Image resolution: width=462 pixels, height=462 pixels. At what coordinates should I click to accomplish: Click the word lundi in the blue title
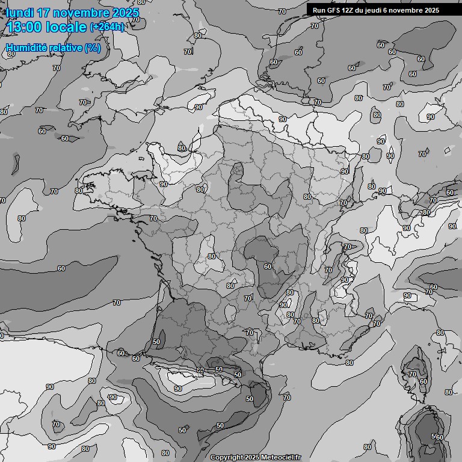coord(20,13)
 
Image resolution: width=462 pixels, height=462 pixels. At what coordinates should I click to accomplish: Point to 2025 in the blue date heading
coord(125,13)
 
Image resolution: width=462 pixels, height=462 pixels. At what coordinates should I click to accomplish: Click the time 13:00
coord(25,27)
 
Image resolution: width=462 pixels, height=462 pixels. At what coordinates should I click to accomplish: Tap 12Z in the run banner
coord(350,10)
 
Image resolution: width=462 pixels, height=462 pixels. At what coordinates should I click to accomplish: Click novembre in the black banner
coord(408,10)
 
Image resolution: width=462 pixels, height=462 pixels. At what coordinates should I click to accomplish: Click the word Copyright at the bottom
coord(227,457)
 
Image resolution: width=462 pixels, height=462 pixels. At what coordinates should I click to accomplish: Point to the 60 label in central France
coord(267,266)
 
